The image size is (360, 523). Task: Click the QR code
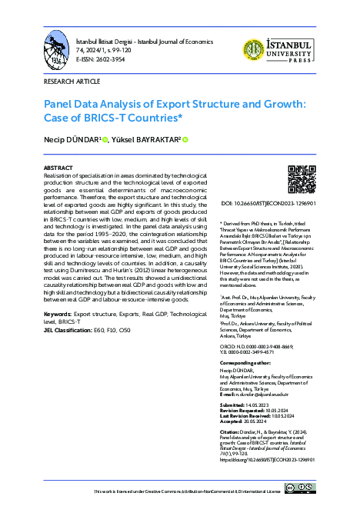(301, 179)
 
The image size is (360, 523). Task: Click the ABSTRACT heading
(58, 167)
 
